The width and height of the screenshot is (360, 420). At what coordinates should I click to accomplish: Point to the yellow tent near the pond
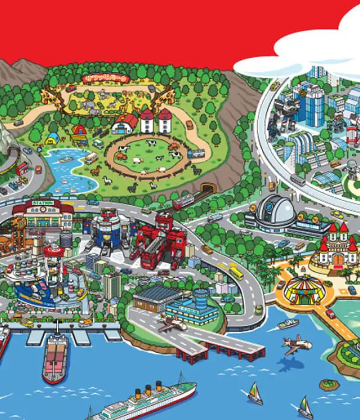[53, 138]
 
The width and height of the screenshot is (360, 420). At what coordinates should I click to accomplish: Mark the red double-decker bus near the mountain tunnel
[22, 168]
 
